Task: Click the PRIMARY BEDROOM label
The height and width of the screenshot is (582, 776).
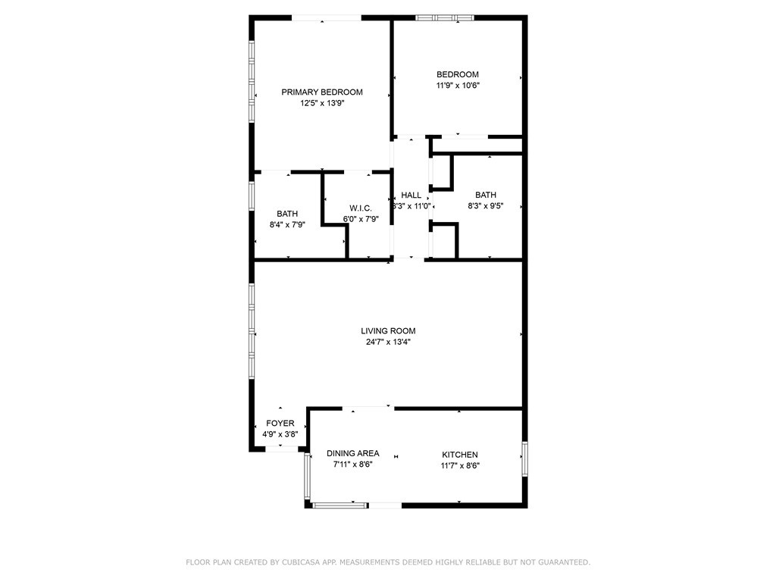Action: tap(322, 92)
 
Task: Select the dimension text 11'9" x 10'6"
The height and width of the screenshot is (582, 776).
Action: tap(458, 86)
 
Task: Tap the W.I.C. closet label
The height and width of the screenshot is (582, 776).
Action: tap(359, 208)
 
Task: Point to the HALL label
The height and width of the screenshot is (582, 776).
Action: tap(411, 195)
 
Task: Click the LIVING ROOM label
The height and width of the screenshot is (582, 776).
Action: tap(388, 330)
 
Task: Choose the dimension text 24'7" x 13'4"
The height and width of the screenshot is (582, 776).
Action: tap(388, 342)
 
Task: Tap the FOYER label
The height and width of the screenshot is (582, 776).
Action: tap(280, 424)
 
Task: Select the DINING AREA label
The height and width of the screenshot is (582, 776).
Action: tap(353, 454)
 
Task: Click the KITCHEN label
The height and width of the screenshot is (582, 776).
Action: tap(460, 455)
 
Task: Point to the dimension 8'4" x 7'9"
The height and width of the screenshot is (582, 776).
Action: tap(287, 224)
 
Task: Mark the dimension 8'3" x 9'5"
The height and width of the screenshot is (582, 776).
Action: tap(486, 205)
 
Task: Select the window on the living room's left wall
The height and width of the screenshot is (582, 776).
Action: tap(252, 333)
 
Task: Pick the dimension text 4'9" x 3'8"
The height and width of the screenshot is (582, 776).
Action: tap(280, 435)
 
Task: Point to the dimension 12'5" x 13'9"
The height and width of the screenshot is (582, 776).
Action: tap(322, 103)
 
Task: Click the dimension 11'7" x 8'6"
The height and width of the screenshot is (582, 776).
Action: tap(460, 465)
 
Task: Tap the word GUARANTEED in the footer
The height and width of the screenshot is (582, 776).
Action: tap(564, 562)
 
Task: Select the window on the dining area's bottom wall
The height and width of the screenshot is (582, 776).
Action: tap(340, 505)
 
